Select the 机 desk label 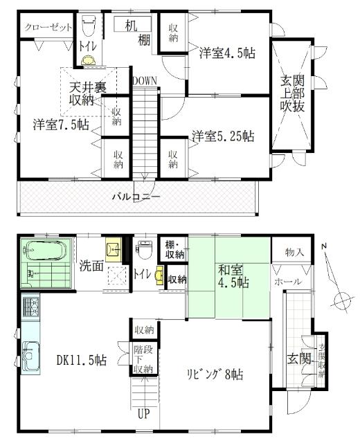(131, 26)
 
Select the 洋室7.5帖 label (60, 125)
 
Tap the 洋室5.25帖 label (222, 136)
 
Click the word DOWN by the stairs (145, 81)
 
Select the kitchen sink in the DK (30, 357)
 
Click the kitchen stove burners (30, 306)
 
